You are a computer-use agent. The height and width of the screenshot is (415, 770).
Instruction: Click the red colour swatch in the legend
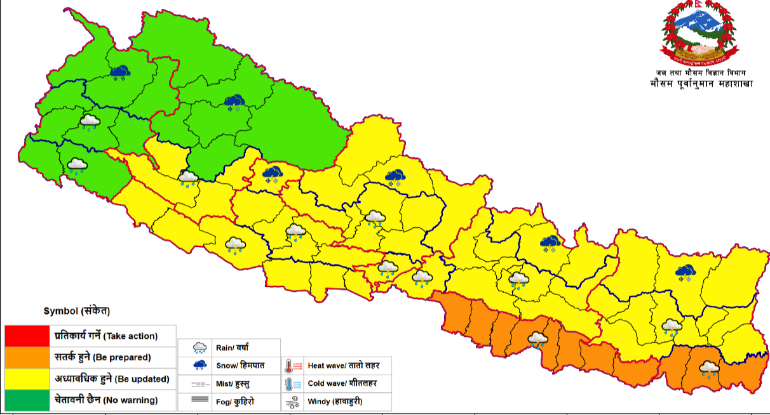(27, 335)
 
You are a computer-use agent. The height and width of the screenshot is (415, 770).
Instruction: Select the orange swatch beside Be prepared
(27, 357)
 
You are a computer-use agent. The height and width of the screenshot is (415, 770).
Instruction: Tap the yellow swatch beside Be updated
(27, 379)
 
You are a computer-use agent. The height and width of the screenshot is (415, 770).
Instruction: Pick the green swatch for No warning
(27, 400)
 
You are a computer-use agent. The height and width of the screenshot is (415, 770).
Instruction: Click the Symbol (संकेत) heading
(77, 311)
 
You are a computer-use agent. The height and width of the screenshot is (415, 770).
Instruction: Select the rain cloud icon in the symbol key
(199, 347)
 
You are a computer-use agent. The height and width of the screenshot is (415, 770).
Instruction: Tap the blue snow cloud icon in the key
(199, 365)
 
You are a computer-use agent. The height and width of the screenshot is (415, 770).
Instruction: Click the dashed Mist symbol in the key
(199, 384)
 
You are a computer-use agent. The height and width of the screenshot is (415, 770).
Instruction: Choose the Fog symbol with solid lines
(199, 400)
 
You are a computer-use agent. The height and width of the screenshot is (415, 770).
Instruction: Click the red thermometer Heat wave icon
(293, 366)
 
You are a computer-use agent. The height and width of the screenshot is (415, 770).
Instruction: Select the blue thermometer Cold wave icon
(293, 383)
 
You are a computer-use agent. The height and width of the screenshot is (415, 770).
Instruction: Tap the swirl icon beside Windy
(293, 401)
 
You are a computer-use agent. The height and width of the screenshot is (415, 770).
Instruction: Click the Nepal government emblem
(699, 35)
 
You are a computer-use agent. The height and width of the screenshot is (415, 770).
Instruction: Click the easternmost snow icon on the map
(686, 273)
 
